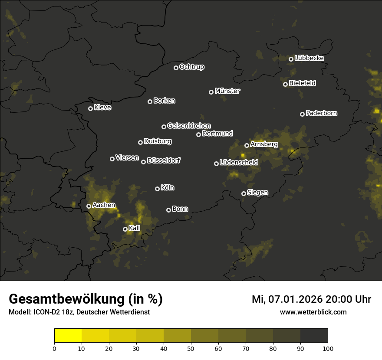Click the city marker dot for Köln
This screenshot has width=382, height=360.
pyautogui.click(x=157, y=189)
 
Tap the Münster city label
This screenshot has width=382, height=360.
pyautogui.click(x=227, y=91)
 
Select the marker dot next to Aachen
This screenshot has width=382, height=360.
pyautogui.click(x=89, y=206)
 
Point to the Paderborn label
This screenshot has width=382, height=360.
pyautogui.click(x=321, y=113)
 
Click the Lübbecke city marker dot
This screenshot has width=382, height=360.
pyautogui.click(x=291, y=59)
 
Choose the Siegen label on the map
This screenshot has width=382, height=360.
pyautogui.click(x=257, y=193)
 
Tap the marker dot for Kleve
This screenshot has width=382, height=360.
pyautogui.click(x=90, y=108)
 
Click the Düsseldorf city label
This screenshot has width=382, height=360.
pyautogui.click(x=164, y=160)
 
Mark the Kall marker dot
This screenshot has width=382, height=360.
pyautogui.click(x=125, y=229)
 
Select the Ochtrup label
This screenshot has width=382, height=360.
pyautogui.click(x=191, y=67)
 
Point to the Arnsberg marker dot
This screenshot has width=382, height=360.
pyautogui.click(x=247, y=145)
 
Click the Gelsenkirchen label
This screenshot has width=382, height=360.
pyautogui.click(x=189, y=126)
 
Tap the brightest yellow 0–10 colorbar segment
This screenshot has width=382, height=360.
pyautogui.click(x=68, y=336)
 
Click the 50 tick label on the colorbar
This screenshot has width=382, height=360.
pyautogui.click(x=191, y=348)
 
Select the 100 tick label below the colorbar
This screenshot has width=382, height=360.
pyautogui.click(x=328, y=348)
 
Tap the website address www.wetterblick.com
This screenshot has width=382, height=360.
pyautogui.click(x=313, y=312)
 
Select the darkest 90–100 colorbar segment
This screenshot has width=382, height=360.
pyautogui.click(x=314, y=336)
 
